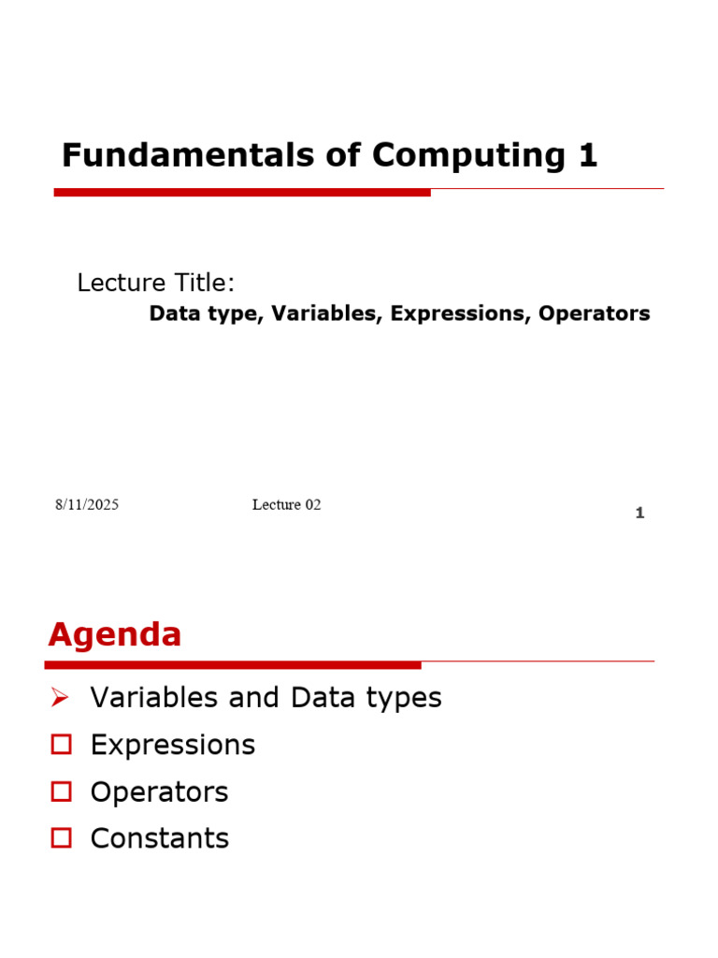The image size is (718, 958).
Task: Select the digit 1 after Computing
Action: pos(588,155)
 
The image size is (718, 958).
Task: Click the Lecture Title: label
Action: pos(156,283)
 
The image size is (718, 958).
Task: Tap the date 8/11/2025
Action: pos(86,505)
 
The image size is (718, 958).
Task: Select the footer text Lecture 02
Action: pos(286,505)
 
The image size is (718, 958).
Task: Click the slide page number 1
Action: pos(639,513)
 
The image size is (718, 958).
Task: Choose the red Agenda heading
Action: pos(115,635)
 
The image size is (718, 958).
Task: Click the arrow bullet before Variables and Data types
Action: pos(61,697)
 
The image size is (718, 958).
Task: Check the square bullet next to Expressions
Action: pos(62,745)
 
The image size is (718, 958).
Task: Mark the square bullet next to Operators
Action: pos(62,791)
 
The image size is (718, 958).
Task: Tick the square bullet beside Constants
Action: pos(62,838)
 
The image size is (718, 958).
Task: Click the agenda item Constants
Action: pos(160,838)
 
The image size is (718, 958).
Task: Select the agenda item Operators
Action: pos(159,791)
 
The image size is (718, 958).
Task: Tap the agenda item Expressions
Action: pos(173,745)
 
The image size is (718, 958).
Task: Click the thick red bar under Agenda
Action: pos(234,665)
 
